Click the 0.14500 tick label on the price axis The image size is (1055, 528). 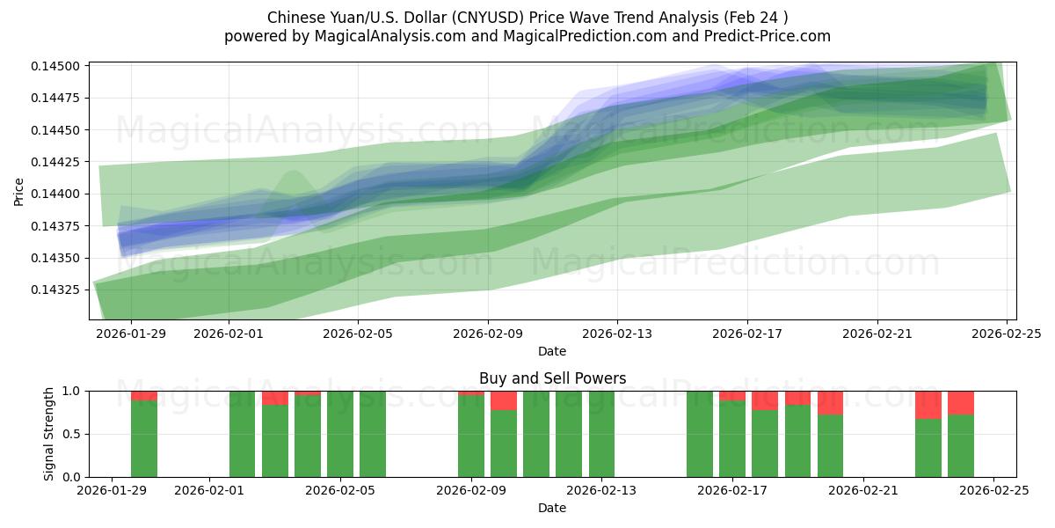point(57,66)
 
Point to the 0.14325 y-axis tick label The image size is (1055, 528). point(57,290)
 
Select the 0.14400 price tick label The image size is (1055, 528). point(57,194)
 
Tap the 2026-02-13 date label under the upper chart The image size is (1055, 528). point(617,334)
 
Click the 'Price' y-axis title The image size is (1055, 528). point(19,191)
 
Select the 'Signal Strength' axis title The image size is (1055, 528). point(49,434)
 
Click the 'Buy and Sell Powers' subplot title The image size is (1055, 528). point(552,378)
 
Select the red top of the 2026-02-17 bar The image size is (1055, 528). point(732,396)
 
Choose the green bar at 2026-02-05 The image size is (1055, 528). point(340,434)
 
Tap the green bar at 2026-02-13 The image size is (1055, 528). point(601,434)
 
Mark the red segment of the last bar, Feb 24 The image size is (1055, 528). point(961,402)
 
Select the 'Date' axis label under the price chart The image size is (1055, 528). point(552,351)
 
